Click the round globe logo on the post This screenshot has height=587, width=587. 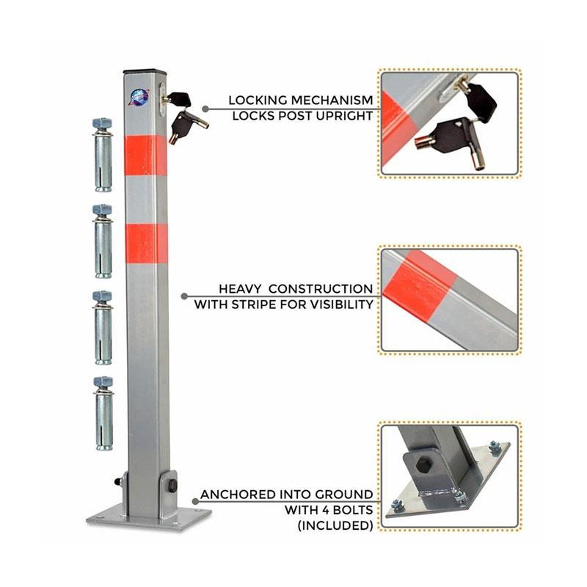tap(139, 98)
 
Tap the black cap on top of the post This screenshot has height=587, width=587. tap(144, 71)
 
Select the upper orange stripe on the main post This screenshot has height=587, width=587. tap(145, 156)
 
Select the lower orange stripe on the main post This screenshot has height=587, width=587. tap(146, 244)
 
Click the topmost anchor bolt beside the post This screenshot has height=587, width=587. tap(103, 155)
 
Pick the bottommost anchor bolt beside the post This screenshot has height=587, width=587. tap(103, 414)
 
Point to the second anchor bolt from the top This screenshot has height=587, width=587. tap(103, 241)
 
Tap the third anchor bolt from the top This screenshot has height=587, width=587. tap(103, 327)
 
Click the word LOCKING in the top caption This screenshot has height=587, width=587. tap(258, 101)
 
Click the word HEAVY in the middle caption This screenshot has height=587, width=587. tap(241, 289)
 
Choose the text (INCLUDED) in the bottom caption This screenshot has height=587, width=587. tap(335, 525)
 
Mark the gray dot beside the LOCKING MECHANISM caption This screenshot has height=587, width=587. tap(205, 109)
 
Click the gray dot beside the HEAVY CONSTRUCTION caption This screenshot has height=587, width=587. tap(184, 296)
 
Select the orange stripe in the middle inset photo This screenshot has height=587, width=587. tap(420, 285)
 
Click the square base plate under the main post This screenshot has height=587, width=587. tap(149, 517)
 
